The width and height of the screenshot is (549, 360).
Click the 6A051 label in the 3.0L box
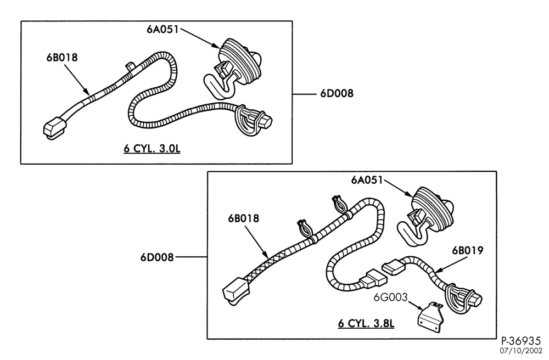click(163, 30)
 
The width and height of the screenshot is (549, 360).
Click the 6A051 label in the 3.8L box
click(367, 180)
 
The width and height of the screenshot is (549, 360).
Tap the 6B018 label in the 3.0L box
click(62, 58)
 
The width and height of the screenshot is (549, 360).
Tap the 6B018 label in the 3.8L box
click(243, 218)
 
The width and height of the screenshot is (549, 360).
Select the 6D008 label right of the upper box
click(337, 94)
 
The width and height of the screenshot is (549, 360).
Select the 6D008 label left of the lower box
click(157, 257)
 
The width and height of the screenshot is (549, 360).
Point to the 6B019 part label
click(467, 250)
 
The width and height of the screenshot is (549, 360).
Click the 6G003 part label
click(391, 297)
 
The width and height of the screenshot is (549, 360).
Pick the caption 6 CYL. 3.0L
click(152, 148)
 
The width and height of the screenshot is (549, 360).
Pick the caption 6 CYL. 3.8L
click(366, 323)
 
